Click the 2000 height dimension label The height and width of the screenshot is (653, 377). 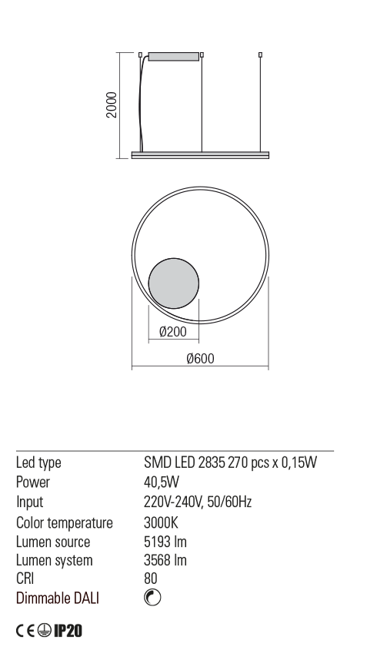pos(112,105)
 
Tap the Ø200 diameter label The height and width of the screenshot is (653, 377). pos(173,332)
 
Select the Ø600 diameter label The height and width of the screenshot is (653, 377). pos(200,359)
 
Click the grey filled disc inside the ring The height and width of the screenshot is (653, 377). pos(173,283)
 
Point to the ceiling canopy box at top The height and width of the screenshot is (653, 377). pos(173,57)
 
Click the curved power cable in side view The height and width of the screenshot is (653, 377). pos(142,104)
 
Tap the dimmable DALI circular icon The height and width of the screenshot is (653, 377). pos(152,598)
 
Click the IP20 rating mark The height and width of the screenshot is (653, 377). pos(68,631)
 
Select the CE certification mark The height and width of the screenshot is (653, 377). pos(25,631)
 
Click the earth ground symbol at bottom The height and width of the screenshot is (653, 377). pos(44,631)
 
